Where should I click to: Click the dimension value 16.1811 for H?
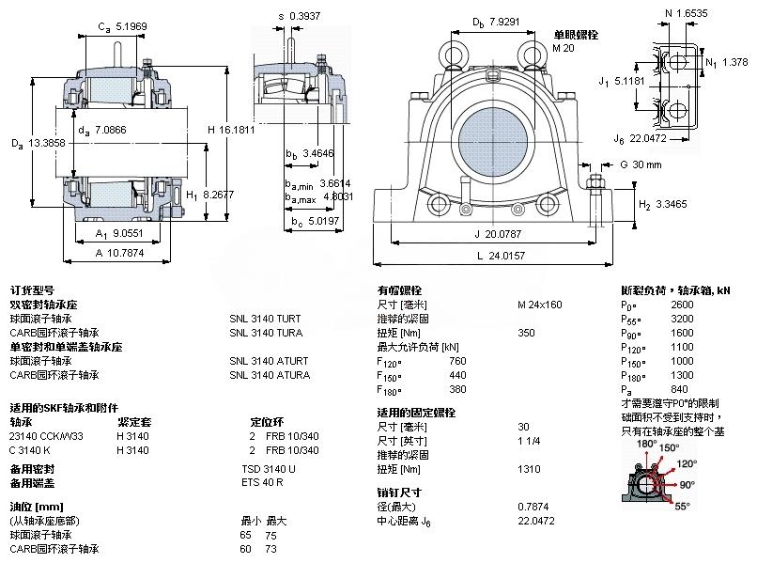pyautogui.click(x=238, y=131)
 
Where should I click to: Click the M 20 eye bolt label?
pyautogui.click(x=563, y=48)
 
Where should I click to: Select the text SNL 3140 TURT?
pyautogui.click(x=266, y=318)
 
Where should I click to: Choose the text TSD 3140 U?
pyautogui.click(x=269, y=468)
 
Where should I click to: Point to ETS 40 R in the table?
pyautogui.click(x=262, y=482)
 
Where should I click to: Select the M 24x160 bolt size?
pyautogui.click(x=540, y=305)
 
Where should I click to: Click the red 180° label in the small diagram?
pyautogui.click(x=646, y=444)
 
